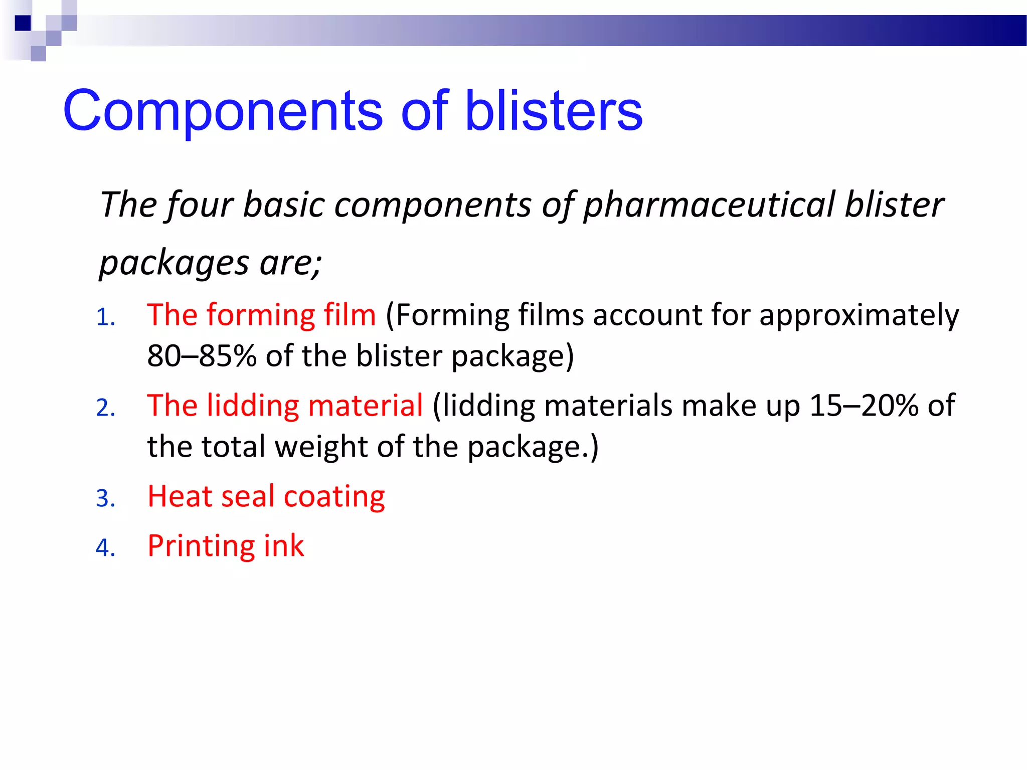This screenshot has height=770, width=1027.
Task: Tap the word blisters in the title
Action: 554,111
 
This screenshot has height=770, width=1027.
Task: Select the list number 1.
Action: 105,317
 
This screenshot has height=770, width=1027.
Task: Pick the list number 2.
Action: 105,408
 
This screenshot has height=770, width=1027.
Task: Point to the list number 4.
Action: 105,548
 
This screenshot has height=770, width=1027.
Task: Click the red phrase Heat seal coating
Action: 266,497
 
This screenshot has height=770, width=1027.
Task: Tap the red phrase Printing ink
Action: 226,546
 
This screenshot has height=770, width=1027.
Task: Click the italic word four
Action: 200,205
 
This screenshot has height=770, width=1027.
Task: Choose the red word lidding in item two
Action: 253,406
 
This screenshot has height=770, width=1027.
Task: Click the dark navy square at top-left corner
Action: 23,23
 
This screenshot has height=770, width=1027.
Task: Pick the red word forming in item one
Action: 260,316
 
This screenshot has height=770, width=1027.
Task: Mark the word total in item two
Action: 233,446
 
